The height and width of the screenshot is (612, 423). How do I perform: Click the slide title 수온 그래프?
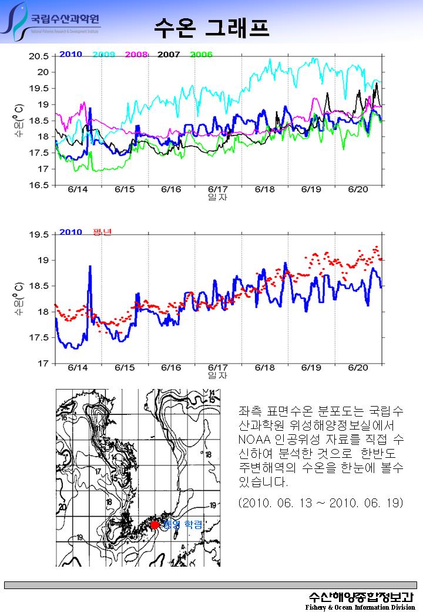(212, 26)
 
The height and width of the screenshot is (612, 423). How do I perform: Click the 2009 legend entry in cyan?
(103, 54)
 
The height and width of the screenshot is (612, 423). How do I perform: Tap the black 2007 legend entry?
(169, 54)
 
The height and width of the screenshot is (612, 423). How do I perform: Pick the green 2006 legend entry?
(201, 54)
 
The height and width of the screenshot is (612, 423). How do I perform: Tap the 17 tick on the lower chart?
(43, 364)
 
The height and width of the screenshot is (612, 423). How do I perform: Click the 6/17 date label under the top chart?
(218, 190)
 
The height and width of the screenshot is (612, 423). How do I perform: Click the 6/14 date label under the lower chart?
(78, 368)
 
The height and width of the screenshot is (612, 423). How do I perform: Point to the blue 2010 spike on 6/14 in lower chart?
(90, 267)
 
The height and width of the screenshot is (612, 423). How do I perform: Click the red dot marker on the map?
(155, 524)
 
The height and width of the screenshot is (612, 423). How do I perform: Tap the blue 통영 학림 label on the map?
(183, 524)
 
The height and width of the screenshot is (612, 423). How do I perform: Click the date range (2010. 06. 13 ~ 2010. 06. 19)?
(321, 504)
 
